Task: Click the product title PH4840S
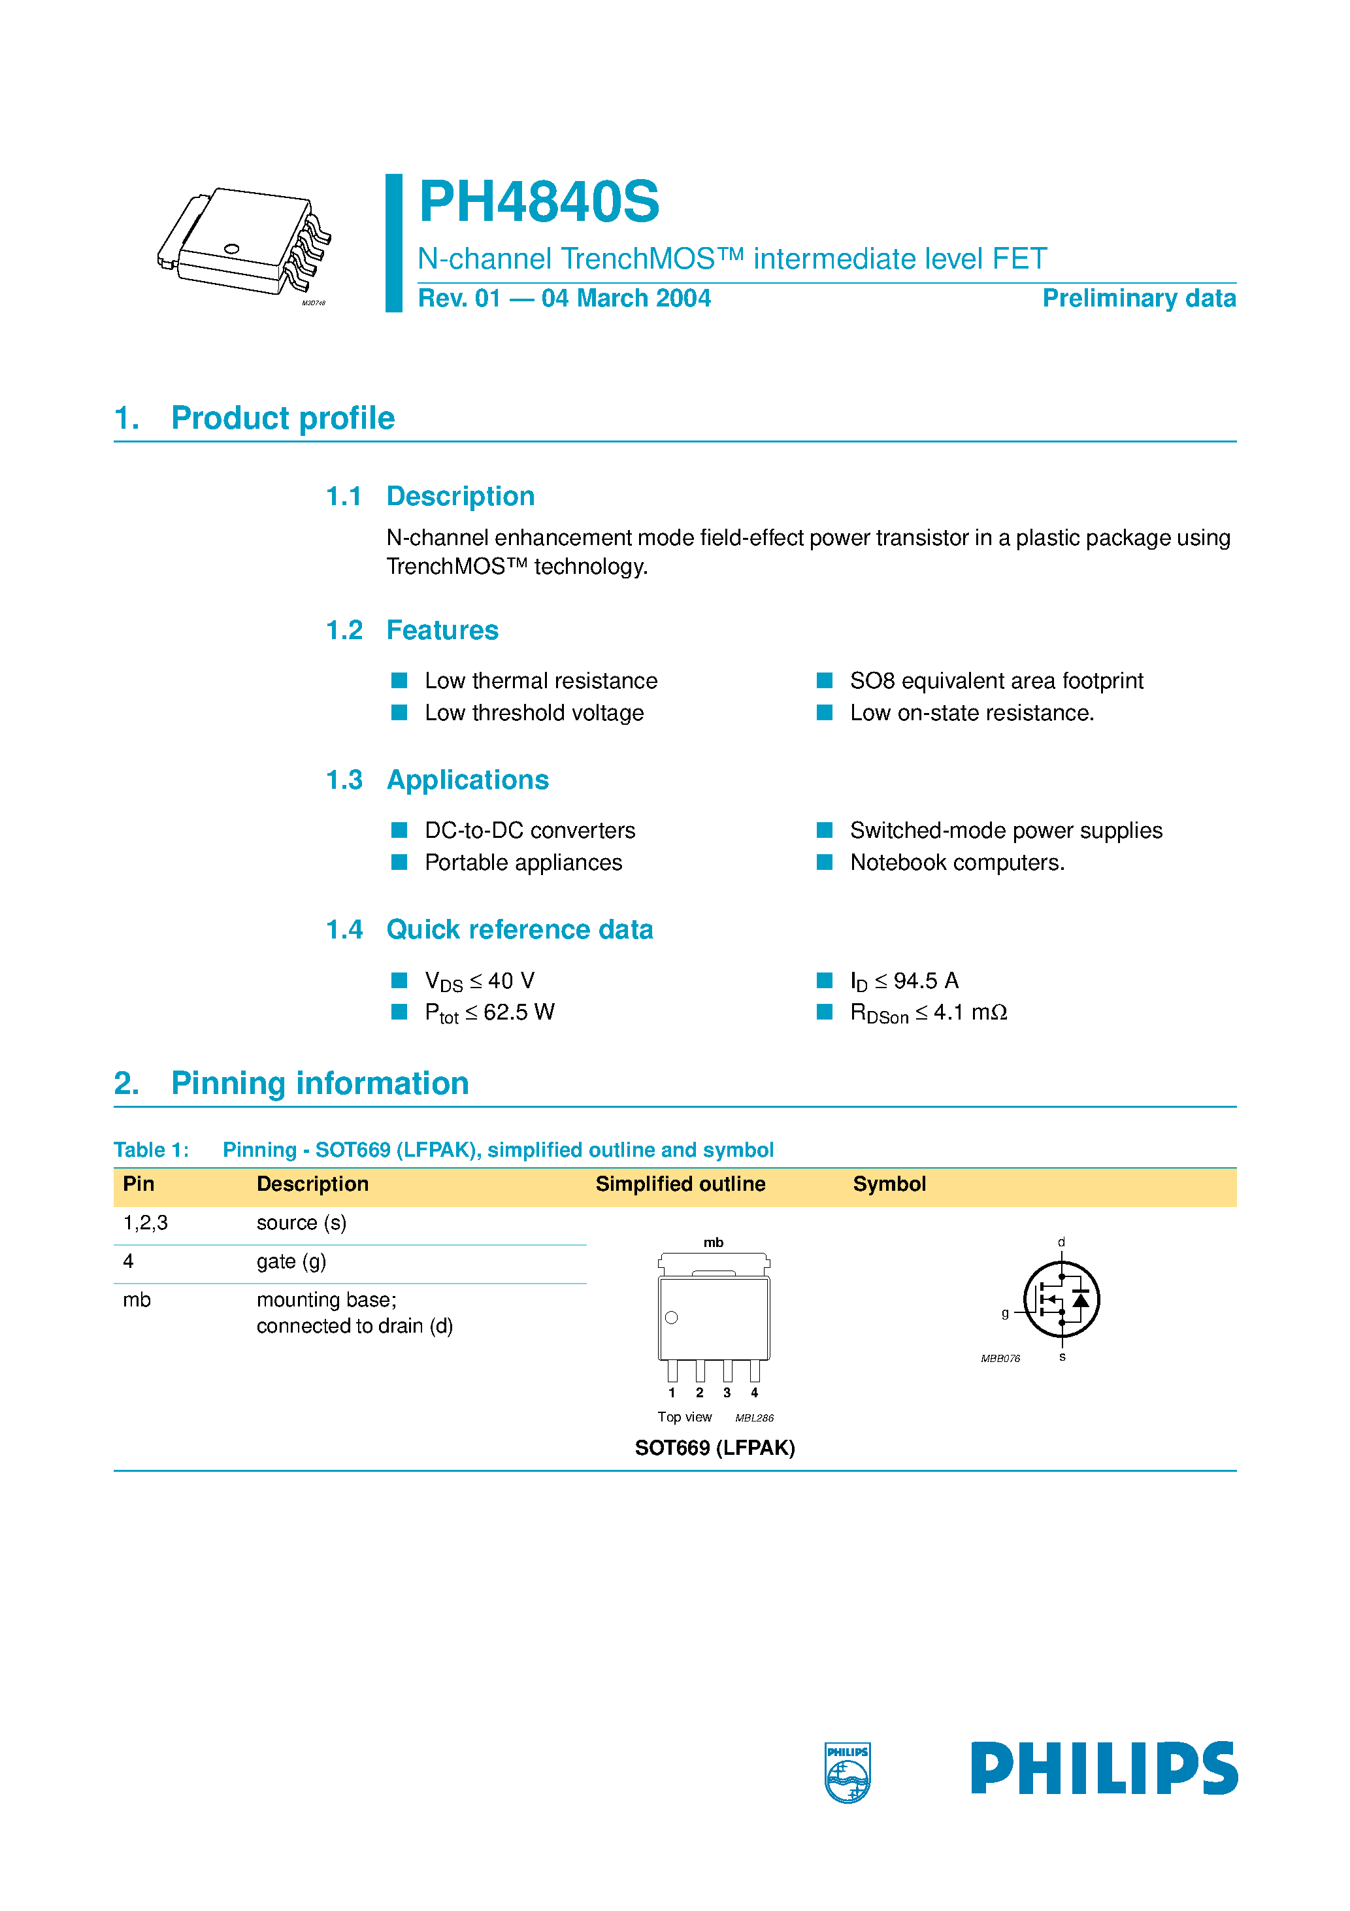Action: (x=538, y=202)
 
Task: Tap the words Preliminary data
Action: (x=1138, y=298)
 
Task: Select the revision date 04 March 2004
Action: (x=626, y=298)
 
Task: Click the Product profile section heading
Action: (x=282, y=418)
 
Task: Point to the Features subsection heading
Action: (x=442, y=630)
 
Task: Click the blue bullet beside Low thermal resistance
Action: (x=399, y=681)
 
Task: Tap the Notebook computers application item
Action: (x=957, y=862)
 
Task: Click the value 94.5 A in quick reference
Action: (x=925, y=980)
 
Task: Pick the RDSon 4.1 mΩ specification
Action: (x=928, y=1013)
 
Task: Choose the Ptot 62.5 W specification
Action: (x=489, y=1013)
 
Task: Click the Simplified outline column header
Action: (x=680, y=1184)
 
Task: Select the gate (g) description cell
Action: (x=291, y=1262)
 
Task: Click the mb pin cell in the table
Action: (x=137, y=1300)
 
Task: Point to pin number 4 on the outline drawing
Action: (x=754, y=1393)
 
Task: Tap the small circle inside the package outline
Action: (x=672, y=1318)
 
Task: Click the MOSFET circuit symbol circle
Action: (x=1061, y=1299)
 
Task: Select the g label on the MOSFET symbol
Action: (x=1006, y=1314)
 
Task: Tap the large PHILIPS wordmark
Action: (x=1104, y=1768)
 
